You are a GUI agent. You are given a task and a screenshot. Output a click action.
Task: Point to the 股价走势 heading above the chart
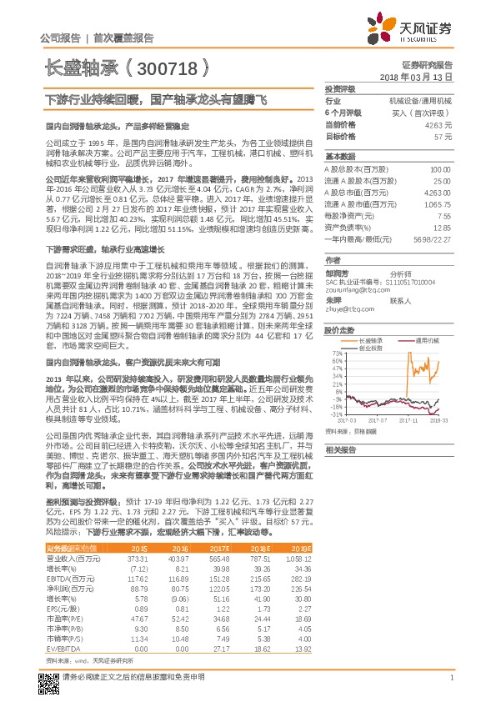pos(338,328)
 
